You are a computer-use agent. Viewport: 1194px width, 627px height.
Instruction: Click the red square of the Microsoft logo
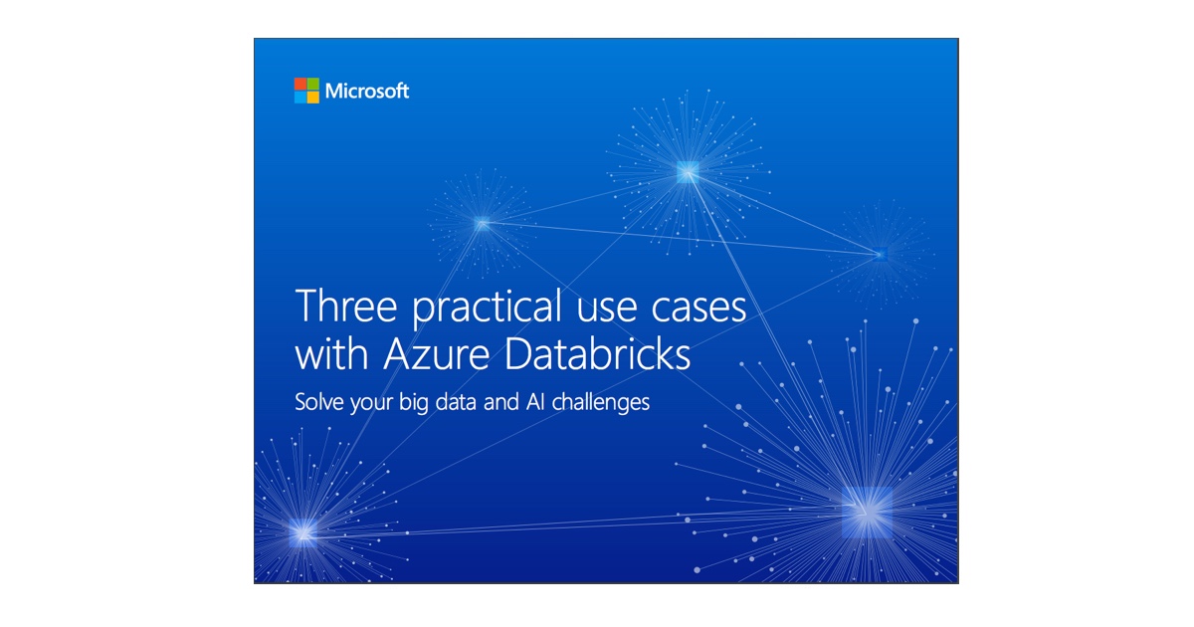point(300,84)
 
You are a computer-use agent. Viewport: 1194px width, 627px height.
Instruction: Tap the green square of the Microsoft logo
point(312,84)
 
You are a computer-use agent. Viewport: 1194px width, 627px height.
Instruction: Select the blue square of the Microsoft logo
point(300,98)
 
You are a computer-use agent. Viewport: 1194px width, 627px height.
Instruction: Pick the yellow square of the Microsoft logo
point(312,98)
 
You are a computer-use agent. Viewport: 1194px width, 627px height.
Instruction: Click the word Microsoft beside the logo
point(367,92)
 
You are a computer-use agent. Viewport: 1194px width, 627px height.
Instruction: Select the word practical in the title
point(488,308)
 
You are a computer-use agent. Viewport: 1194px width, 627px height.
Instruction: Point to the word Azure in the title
point(437,354)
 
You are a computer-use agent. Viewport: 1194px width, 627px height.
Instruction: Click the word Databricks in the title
point(598,353)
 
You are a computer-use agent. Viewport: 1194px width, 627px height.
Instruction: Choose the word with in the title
point(331,353)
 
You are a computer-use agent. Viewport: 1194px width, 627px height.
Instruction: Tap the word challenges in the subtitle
point(600,403)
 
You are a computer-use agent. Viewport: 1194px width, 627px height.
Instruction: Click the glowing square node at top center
point(688,172)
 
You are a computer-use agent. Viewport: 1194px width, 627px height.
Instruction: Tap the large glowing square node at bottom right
point(868,512)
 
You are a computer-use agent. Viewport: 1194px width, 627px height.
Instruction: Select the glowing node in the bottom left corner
point(303,532)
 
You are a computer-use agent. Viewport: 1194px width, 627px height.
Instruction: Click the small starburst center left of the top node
point(482,223)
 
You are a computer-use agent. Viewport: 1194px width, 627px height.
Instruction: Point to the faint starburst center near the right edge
point(882,255)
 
